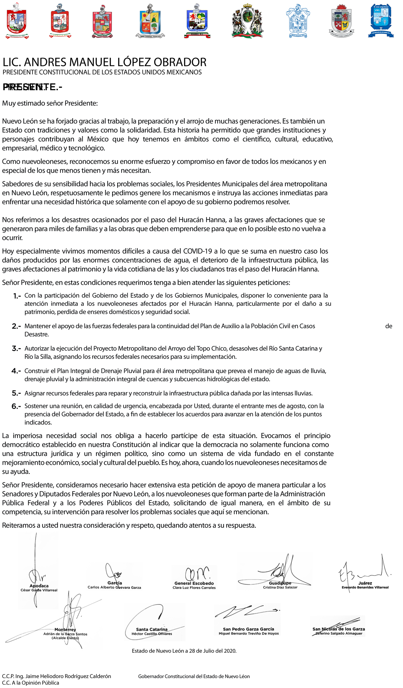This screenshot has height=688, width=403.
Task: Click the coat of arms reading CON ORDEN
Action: (x=341, y=21)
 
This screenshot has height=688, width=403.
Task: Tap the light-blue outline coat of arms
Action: (x=297, y=21)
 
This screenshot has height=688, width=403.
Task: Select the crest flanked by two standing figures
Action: (x=247, y=21)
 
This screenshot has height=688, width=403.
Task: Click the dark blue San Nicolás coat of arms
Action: (x=381, y=21)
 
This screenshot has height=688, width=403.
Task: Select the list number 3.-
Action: (x=16, y=349)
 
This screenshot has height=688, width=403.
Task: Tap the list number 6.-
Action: (x=16, y=406)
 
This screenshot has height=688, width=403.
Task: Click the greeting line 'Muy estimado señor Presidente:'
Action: (x=50, y=103)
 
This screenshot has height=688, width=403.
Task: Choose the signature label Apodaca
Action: (x=39, y=586)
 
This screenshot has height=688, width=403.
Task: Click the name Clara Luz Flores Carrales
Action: (x=194, y=588)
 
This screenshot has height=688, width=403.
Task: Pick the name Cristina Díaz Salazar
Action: (x=280, y=587)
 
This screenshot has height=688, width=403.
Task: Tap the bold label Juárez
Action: (x=365, y=583)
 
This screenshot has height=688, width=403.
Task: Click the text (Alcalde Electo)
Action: (x=65, y=638)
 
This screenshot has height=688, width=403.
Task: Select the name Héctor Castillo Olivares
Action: (x=152, y=634)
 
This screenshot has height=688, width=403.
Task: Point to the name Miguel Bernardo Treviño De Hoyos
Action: (x=248, y=633)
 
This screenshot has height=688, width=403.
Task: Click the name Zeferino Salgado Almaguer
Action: (x=339, y=633)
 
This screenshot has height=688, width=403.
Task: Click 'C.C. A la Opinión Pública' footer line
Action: (x=30, y=683)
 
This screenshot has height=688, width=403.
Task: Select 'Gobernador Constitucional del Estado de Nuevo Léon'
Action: (x=194, y=676)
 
